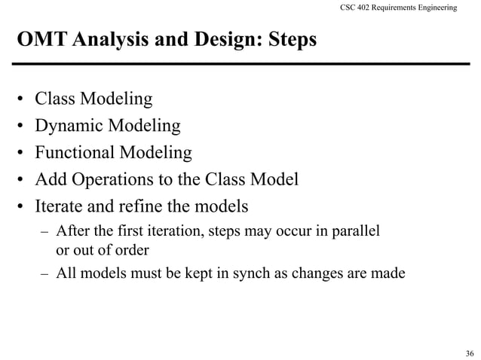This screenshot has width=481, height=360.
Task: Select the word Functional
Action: [x=72, y=153]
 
